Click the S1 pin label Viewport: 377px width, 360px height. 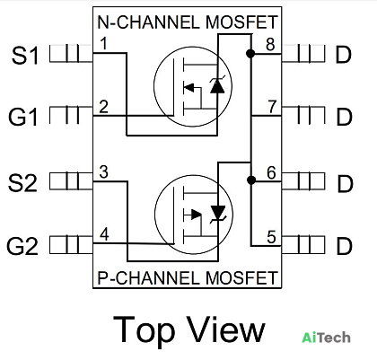25,56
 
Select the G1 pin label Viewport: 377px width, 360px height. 23,117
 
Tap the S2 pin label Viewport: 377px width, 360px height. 22,183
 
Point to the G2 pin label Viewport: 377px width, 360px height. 22,246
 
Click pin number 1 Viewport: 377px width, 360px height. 103,43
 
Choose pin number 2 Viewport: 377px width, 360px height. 103,107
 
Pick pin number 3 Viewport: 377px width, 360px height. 103,172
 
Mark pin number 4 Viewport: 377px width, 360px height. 104,234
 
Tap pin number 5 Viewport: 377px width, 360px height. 271,237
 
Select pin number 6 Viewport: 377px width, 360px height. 271,173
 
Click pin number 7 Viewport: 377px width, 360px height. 272,107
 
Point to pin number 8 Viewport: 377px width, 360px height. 270,44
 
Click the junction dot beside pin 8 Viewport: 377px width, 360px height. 250,54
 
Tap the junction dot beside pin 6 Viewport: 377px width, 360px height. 251,180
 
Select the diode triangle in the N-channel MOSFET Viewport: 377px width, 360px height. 217,87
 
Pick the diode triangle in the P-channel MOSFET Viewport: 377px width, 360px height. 218,212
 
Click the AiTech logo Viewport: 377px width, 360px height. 326,338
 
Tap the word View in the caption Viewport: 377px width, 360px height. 226,330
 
